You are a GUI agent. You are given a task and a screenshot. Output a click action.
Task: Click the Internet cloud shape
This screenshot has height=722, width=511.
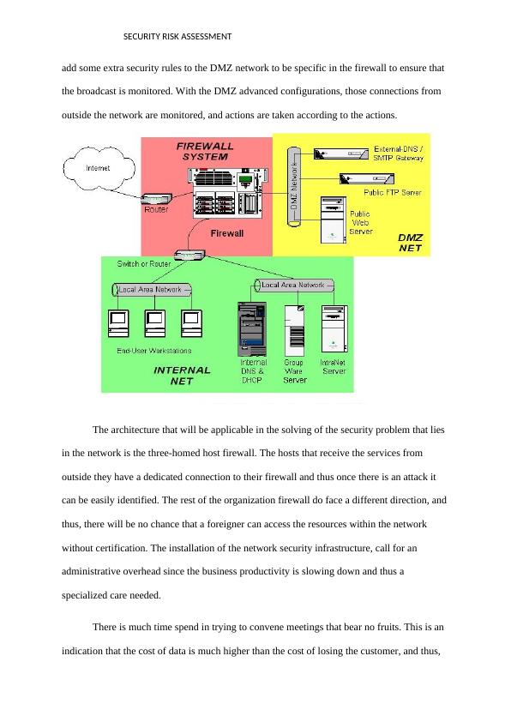click(99, 169)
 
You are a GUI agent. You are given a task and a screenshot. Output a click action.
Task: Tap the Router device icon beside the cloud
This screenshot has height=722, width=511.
click(157, 198)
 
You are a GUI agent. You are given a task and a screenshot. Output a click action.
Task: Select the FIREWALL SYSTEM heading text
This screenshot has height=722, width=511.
click(205, 152)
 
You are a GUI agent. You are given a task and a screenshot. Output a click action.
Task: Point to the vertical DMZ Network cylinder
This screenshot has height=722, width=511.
click(294, 186)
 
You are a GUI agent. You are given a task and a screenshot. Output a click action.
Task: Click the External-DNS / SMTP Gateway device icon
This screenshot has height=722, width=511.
click(341, 153)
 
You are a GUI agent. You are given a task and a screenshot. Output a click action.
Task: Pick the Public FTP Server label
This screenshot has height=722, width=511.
click(392, 192)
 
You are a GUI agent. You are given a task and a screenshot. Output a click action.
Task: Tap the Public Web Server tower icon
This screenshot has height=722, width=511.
click(334, 220)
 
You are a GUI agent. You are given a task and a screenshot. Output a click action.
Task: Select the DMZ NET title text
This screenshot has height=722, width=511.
click(410, 243)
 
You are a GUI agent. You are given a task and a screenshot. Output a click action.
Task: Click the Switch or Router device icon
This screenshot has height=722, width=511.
click(189, 255)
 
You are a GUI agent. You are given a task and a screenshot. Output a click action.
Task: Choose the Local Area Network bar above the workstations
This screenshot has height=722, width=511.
click(152, 290)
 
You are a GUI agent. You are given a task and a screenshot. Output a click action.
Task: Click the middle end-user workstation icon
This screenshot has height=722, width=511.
click(154, 322)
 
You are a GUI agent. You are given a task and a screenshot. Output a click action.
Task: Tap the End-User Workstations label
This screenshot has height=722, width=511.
click(153, 351)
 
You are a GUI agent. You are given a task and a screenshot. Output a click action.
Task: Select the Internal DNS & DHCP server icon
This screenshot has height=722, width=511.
click(252, 328)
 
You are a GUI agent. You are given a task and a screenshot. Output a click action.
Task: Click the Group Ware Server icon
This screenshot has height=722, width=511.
click(294, 330)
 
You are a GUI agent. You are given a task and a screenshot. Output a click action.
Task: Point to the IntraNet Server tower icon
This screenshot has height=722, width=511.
click(334, 329)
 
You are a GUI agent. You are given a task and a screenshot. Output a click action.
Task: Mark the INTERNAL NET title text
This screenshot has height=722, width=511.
click(182, 376)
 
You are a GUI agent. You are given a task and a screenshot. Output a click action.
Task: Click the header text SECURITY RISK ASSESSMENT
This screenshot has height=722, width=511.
click(177, 37)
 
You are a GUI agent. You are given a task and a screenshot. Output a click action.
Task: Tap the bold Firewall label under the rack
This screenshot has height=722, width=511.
click(227, 233)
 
